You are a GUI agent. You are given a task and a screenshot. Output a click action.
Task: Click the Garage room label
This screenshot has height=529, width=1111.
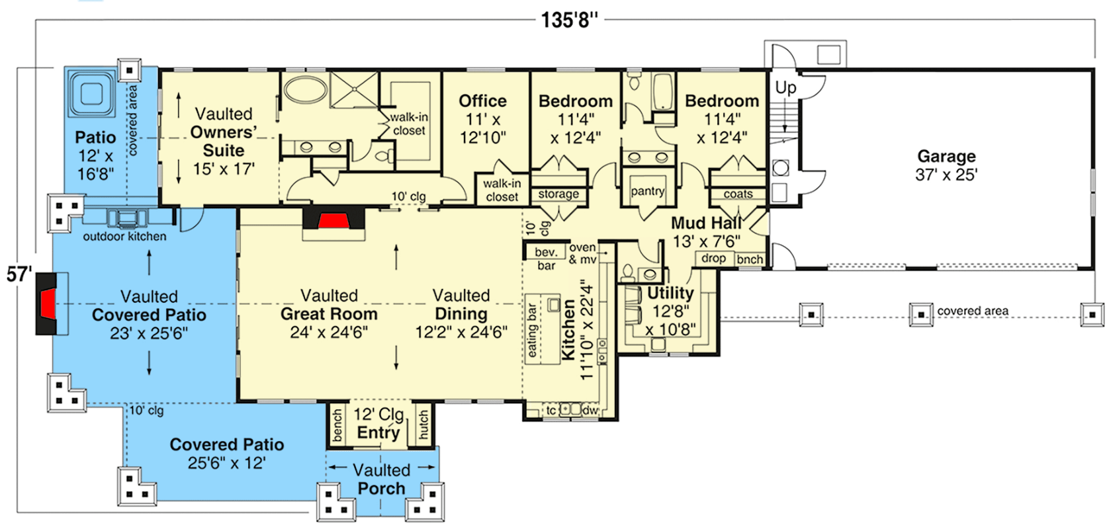pos(946,157)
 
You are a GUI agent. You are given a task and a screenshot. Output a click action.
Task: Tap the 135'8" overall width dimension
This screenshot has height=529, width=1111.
pos(569,20)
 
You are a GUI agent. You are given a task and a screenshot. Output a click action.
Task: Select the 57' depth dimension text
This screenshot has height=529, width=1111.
pos(19,274)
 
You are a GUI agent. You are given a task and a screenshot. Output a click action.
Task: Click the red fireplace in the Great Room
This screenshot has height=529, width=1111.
pos(333,220)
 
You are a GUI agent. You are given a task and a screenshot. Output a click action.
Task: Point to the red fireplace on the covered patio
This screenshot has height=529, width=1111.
pos(48,304)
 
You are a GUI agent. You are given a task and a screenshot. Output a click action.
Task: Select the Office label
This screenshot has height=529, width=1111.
pos(482,101)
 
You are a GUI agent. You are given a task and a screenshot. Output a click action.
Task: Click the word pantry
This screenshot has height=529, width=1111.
pos(647,191)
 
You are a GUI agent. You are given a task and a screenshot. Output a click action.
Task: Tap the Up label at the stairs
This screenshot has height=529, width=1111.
pos(785,87)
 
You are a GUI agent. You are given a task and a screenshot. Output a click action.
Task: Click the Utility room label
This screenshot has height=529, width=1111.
pos(670,293)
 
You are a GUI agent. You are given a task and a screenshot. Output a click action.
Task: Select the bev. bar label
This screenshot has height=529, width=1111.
pos(546,259)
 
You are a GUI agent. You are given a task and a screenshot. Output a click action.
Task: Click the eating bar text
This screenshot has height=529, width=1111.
pos(532,331)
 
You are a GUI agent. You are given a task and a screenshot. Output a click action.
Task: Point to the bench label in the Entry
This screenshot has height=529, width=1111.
pos(337,425)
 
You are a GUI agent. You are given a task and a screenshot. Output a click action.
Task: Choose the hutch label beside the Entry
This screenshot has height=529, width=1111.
pos(423,425)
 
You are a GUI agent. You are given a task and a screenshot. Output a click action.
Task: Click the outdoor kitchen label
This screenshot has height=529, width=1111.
pos(124,236)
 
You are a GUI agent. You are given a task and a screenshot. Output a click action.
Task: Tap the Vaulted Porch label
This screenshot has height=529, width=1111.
pos(381,479)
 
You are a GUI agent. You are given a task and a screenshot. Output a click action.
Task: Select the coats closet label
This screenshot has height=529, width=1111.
pos(738,194)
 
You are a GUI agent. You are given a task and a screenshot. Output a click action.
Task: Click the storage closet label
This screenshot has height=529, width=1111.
pos(558,194)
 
